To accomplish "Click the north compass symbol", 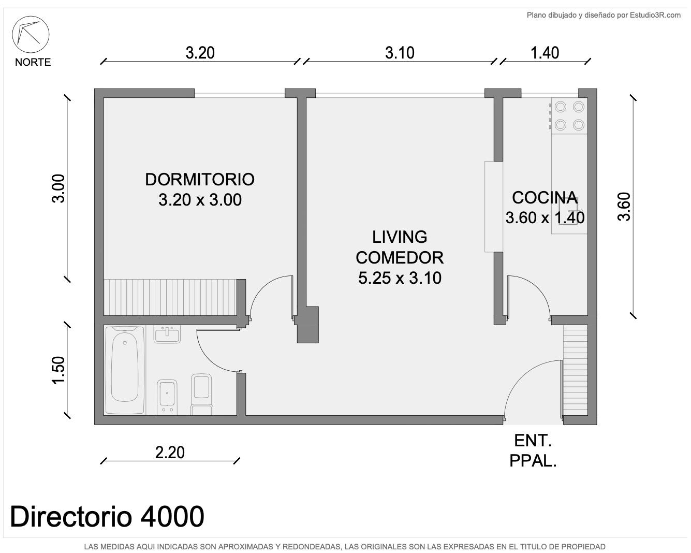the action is [x=31, y=34].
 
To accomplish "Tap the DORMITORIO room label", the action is [x=200, y=180].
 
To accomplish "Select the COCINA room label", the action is [x=545, y=198].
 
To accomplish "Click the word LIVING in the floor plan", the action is [x=400, y=237].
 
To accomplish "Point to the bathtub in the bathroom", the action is [x=125, y=370].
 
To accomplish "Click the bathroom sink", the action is [x=167, y=334].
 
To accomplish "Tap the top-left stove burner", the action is [x=561, y=107].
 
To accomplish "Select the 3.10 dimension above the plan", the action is [x=400, y=53].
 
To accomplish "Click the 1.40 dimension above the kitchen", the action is [x=545, y=53].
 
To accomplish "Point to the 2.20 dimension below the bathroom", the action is [x=170, y=453].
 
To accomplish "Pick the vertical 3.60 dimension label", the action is [x=624, y=207].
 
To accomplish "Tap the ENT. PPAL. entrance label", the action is [x=533, y=451].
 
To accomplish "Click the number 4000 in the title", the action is [x=172, y=516].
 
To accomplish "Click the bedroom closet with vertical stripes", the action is [x=170, y=297].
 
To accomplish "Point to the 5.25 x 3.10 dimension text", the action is [x=400, y=278].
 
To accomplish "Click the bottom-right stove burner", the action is [x=579, y=125].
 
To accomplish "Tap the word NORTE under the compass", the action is [x=33, y=62].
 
